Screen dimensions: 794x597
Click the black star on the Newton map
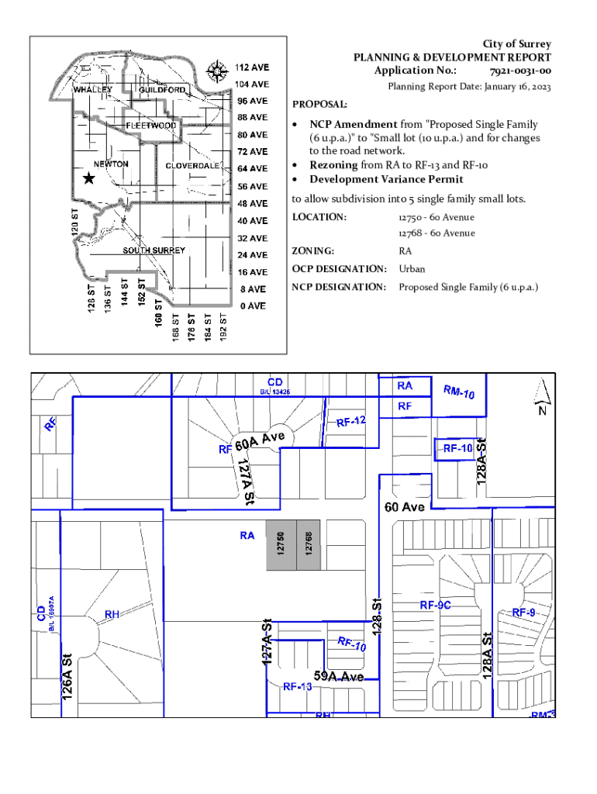[x=88, y=178]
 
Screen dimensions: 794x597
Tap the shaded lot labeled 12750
[x=281, y=545]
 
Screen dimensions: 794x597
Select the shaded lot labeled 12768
[x=309, y=545]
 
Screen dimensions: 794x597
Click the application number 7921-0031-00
[x=521, y=71]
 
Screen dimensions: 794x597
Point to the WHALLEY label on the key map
[x=93, y=90]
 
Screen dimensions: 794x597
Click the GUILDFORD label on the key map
[x=163, y=91]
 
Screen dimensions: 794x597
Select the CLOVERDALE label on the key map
[x=191, y=166]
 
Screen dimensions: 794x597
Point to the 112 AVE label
[x=252, y=67]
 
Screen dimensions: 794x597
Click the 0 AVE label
[x=252, y=306]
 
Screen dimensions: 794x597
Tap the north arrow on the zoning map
[x=541, y=395]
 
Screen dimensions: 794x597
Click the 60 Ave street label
[x=405, y=507]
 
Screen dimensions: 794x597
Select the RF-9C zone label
[x=435, y=605]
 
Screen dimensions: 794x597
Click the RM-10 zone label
[x=459, y=393]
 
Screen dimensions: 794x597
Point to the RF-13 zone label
[x=297, y=686]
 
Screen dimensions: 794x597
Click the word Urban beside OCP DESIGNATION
[x=412, y=270]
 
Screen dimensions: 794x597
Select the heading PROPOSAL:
[x=319, y=105]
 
